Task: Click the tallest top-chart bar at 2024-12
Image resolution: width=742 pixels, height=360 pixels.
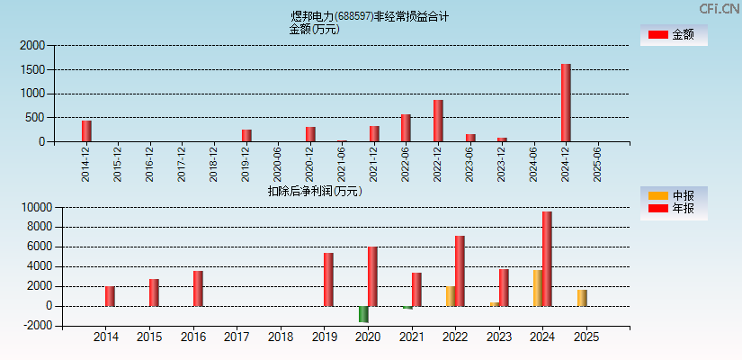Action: (x=566, y=103)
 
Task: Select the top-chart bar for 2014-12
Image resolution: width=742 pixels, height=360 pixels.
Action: (x=86, y=130)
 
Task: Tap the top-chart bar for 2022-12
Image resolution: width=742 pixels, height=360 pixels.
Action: (x=438, y=121)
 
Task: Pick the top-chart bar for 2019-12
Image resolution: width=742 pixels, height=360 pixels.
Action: (x=246, y=135)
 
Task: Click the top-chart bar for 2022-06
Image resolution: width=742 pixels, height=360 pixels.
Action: (x=406, y=128)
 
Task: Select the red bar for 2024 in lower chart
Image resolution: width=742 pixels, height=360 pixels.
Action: (x=547, y=258)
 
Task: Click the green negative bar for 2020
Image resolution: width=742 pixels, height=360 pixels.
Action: (x=363, y=314)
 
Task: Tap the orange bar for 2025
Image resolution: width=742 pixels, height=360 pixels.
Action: (x=582, y=298)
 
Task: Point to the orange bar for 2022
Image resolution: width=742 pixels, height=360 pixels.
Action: (x=451, y=296)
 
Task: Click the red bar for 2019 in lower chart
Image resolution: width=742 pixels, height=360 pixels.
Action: (x=328, y=279)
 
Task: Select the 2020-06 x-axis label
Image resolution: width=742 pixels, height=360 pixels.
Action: (x=278, y=165)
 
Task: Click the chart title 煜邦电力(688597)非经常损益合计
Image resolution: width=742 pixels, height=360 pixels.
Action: (x=370, y=16)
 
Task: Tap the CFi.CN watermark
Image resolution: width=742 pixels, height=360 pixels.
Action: (x=719, y=9)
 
